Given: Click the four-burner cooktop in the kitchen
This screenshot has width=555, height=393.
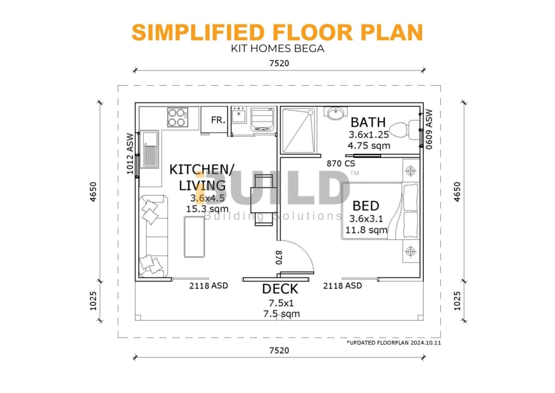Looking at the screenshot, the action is coord(178,117).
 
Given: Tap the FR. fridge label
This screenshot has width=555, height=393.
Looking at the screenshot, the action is coord(218,120).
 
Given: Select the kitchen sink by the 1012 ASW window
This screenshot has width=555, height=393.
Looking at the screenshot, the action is coord(150,149).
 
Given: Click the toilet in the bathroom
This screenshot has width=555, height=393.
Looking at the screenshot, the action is coord(406,130).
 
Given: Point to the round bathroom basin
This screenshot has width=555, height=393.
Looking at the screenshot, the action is coord(335,113).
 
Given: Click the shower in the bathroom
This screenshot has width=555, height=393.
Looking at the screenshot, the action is coord(299,130).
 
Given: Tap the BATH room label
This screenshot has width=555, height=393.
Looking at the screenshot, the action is coord(368,122).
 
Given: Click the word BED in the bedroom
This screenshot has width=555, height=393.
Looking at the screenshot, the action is coord(366,206).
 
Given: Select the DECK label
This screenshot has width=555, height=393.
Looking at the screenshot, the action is coord(280,289).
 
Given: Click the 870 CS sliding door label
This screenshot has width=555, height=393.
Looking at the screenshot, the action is coord(340,163).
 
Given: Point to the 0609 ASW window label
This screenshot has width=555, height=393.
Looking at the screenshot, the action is coord(429,129).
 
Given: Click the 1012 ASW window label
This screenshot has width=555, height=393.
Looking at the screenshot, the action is coord(130,154).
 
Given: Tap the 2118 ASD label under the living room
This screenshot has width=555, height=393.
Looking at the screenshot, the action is coord(209,286).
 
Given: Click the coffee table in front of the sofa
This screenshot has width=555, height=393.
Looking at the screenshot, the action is coord(195,237).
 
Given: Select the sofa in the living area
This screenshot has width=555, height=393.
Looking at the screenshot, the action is coord(153,236).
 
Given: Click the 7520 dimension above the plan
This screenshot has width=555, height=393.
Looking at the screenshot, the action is coord(279,64).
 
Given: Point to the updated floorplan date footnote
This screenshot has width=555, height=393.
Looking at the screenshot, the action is coord(393,343).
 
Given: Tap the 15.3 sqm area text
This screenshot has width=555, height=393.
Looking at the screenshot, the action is coord(207,209).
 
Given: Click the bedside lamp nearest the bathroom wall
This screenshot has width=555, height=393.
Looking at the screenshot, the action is coord(411,171).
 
